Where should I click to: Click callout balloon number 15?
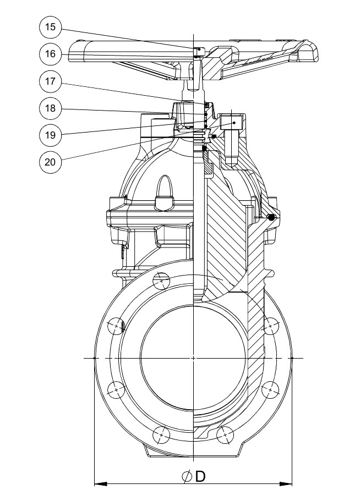click(x=50, y=27)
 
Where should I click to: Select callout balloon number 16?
click(x=50, y=54)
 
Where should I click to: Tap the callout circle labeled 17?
click(x=50, y=81)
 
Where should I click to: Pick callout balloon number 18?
click(x=50, y=108)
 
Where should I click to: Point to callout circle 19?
click(x=50, y=135)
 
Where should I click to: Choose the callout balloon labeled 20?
click(x=50, y=162)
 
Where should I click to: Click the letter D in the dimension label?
click(x=200, y=476)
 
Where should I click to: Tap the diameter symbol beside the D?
click(x=187, y=476)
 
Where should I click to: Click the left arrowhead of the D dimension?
click(x=101, y=483)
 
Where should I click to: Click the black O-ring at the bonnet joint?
click(x=271, y=217)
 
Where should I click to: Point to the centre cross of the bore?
click(x=193, y=358)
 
